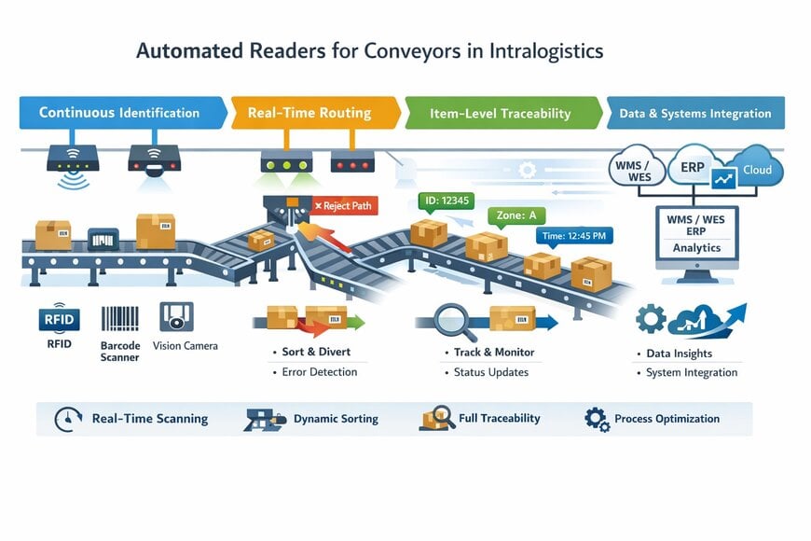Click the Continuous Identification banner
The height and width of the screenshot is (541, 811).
click(x=119, y=113)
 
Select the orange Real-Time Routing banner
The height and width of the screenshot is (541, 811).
click(x=309, y=113)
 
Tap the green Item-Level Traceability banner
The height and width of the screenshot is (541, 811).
click(x=500, y=114)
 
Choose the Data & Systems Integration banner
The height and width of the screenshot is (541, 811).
click(x=694, y=114)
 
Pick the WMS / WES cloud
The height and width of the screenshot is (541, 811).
click(x=637, y=168)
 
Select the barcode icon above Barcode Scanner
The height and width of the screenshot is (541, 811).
click(x=119, y=318)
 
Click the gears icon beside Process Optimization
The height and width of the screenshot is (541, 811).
click(x=597, y=419)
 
